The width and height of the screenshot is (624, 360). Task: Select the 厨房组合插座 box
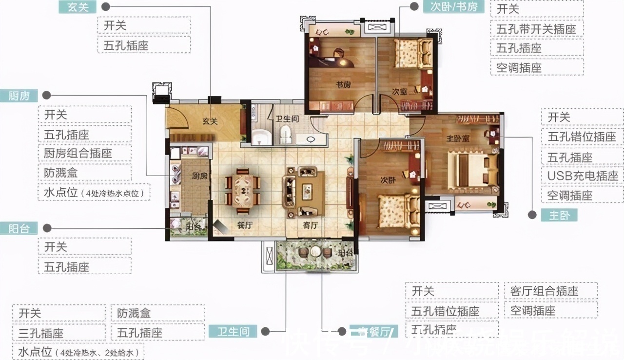coord(84,154)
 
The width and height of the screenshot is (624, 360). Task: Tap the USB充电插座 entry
coord(583,176)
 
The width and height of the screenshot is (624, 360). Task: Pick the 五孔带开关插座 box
coord(537,29)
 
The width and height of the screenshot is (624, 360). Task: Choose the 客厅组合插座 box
coord(550,291)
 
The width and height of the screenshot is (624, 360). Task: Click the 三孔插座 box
coord(58,334)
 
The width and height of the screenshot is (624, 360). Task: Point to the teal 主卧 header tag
coord(559,215)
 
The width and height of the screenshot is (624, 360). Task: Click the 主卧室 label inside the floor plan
coord(458,138)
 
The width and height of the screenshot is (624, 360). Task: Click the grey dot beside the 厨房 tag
coord(47,95)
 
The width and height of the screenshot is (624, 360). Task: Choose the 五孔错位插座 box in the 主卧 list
coord(583,137)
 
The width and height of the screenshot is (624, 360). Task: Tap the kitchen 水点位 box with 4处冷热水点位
coord(94,192)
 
